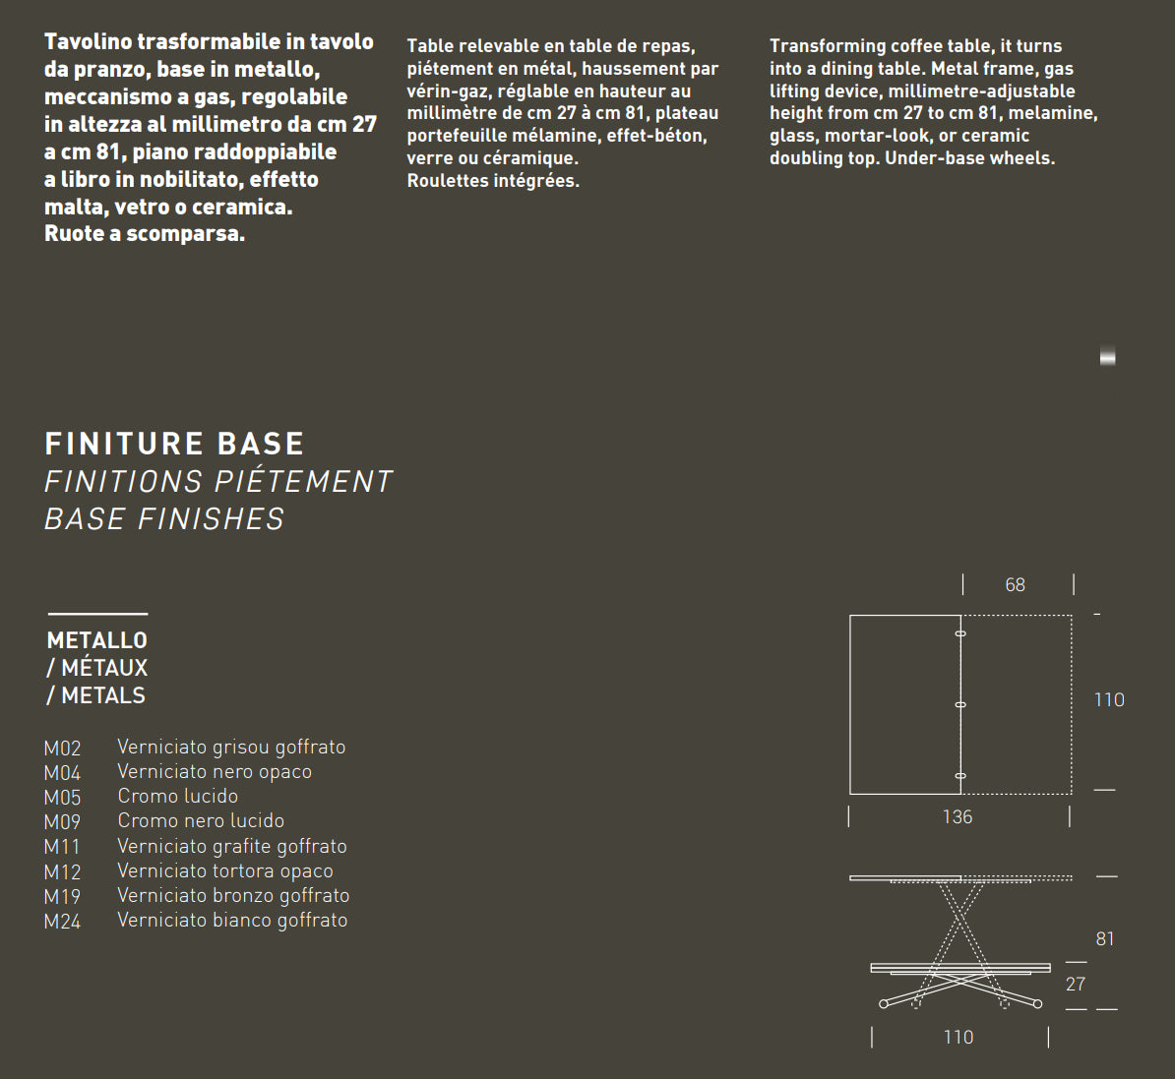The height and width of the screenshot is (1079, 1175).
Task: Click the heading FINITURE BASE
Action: click(174, 444)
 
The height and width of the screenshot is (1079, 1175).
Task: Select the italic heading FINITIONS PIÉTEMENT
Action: click(218, 481)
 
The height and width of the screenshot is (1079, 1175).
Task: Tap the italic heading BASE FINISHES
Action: click(164, 518)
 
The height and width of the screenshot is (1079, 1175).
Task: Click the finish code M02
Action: click(62, 749)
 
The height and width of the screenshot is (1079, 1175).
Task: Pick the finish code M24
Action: click(62, 922)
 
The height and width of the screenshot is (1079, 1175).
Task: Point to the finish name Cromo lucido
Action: click(177, 796)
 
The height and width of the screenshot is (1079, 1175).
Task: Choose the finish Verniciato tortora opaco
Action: click(224, 870)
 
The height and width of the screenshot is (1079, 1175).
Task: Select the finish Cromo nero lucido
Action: click(201, 820)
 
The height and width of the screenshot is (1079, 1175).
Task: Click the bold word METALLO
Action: click(96, 640)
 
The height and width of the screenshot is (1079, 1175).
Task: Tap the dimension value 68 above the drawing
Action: click(1016, 585)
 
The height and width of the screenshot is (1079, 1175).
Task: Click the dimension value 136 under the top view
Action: click(957, 817)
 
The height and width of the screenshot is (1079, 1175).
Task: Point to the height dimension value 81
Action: click(1105, 939)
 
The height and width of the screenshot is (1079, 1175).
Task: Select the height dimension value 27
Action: click(1076, 984)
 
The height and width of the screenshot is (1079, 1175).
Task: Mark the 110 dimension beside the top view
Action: click(1109, 700)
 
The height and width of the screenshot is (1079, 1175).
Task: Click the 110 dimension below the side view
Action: click(959, 1037)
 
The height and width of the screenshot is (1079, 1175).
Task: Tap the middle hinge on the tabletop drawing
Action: click(960, 704)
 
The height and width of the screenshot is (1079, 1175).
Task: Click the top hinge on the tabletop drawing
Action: click(960, 633)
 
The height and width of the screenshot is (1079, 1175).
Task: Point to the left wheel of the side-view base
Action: click(884, 1004)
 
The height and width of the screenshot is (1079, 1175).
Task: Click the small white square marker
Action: click(1107, 358)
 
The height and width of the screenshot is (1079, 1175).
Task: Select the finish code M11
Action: click(62, 847)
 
